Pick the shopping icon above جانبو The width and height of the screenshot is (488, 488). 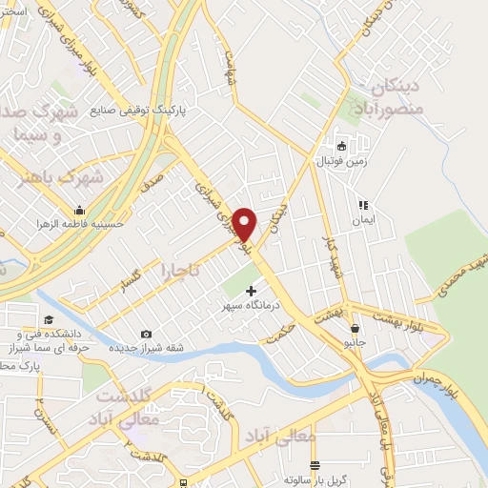[x=354, y=329]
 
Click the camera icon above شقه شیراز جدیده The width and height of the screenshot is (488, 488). [x=146, y=334]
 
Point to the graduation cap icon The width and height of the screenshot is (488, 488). [x=46, y=321]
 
